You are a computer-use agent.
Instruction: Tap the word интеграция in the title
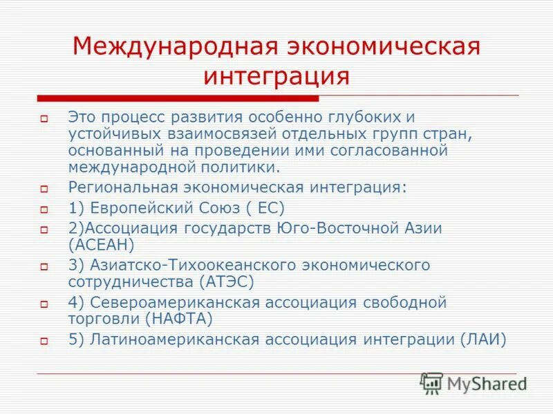click(x=276, y=75)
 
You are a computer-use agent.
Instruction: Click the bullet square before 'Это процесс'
click(x=43, y=120)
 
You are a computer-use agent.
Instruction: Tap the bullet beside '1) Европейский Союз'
click(x=43, y=209)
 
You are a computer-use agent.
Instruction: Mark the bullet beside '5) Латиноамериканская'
click(x=43, y=341)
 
